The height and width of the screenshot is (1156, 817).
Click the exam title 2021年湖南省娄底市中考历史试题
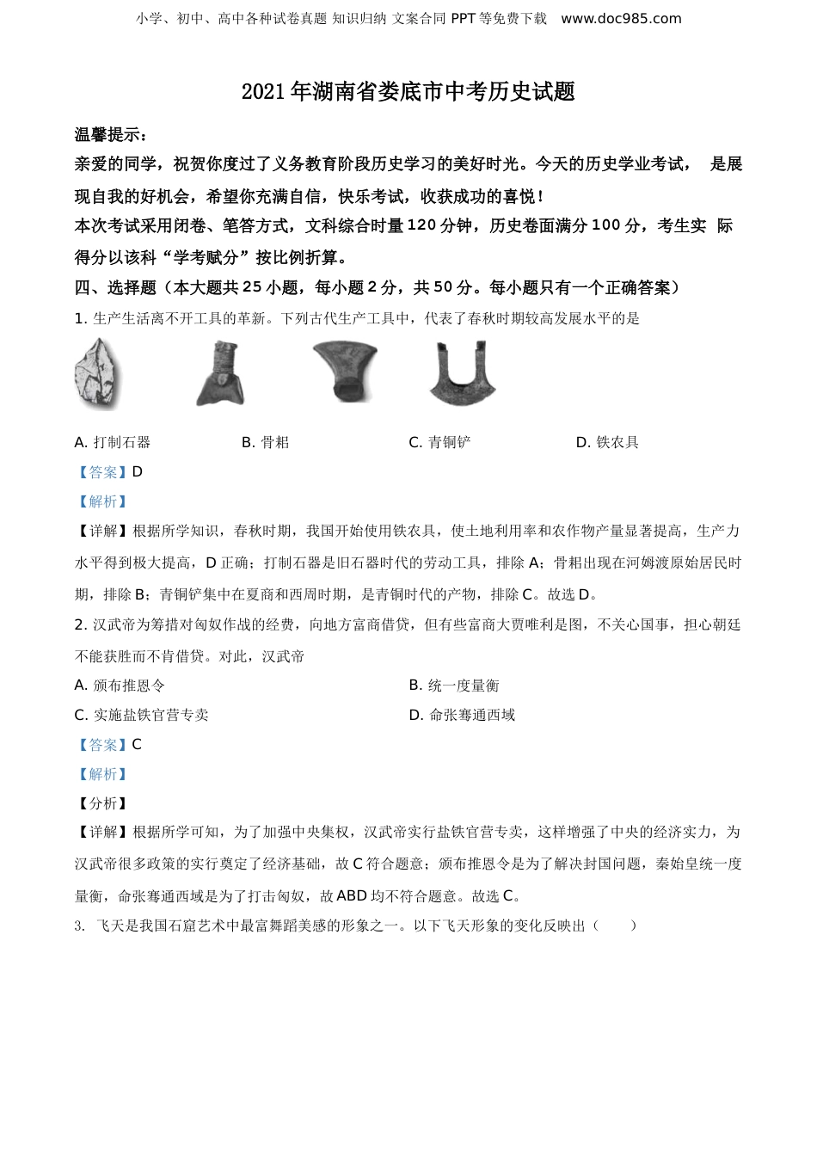pyautogui.click(x=408, y=92)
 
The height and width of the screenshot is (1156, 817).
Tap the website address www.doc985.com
pyautogui.click(x=621, y=18)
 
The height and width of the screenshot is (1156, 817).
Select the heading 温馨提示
pyautogui.click(x=110, y=134)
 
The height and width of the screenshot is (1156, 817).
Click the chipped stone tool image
pyautogui.click(x=98, y=374)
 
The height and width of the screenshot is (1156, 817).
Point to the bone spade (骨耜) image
pyautogui.click(x=222, y=373)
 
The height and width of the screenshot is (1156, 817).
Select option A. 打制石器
pyautogui.click(x=113, y=442)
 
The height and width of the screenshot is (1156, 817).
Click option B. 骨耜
pyautogui.click(x=265, y=442)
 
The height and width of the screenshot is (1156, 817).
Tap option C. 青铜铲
pyautogui.click(x=439, y=442)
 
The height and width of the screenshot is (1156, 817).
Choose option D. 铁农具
pyautogui.click(x=607, y=442)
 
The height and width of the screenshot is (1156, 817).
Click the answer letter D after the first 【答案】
pyautogui.click(x=138, y=472)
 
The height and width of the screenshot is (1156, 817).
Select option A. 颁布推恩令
pyautogui.click(x=120, y=686)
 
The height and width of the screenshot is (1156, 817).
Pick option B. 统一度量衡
pyautogui.click(x=454, y=686)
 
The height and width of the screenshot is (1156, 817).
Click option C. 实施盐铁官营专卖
pyautogui.click(x=141, y=715)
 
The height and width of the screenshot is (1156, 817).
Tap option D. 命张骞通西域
pyautogui.click(x=462, y=715)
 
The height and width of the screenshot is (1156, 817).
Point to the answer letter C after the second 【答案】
pyautogui.click(x=137, y=745)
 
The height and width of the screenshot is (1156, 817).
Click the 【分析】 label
pyautogui.click(x=101, y=803)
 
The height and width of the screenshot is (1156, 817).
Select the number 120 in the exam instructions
pyautogui.click(x=421, y=226)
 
